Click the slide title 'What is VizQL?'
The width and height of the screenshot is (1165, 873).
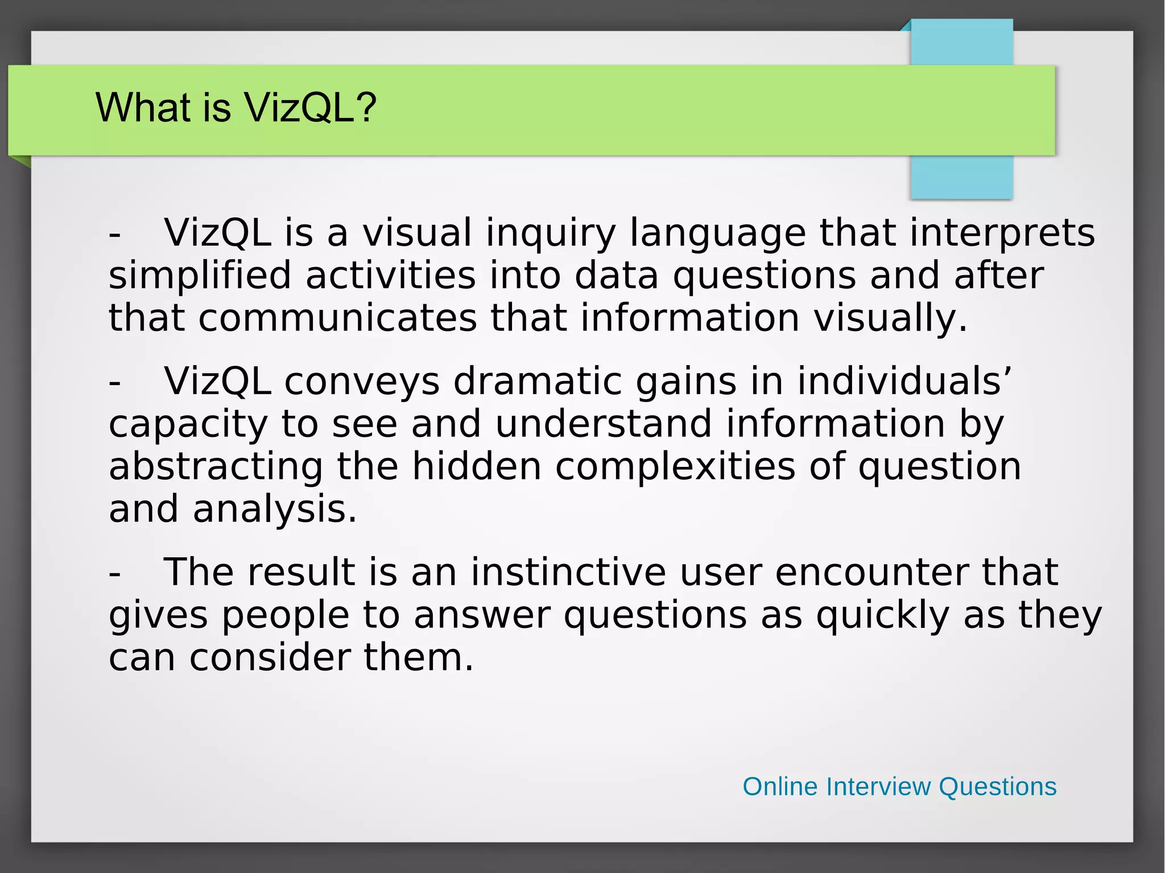[x=236, y=107]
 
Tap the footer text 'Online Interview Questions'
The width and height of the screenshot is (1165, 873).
[x=899, y=787]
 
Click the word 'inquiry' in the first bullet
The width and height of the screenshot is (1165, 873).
[x=551, y=233]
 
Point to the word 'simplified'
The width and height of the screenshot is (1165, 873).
[x=200, y=275]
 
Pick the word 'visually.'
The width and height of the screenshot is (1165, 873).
[x=890, y=318]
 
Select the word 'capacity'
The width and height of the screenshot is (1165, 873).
[x=188, y=425]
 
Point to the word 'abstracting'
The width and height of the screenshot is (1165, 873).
[x=216, y=466]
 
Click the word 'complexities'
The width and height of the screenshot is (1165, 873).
[x=675, y=466]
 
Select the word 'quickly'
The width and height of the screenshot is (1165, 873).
[x=882, y=615]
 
